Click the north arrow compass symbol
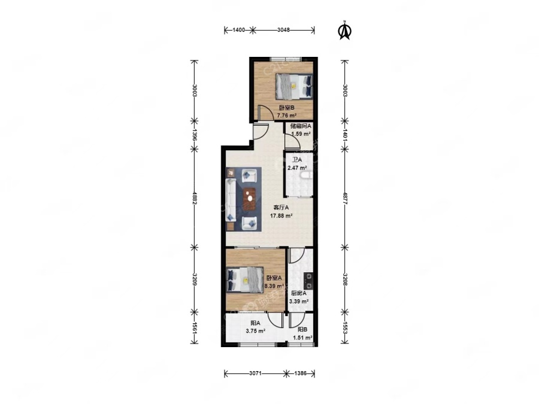pos(345,31)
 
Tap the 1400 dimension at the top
pos(238,30)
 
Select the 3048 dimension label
pos(283,30)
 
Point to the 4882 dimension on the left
pos(195,198)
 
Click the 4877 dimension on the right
pos(345,198)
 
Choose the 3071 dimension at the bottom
pos(256,373)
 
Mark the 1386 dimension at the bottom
pos(301,373)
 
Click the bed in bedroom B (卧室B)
pos(294,87)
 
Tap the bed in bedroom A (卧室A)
pos(245,280)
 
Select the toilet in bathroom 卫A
pos(307,175)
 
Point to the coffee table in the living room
pos(250,199)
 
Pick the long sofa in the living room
pos(231,199)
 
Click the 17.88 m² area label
pos(281,215)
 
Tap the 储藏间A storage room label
pos(301,126)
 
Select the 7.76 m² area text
pos(287,116)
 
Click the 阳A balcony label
pos(255,323)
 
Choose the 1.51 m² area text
pos(302,338)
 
